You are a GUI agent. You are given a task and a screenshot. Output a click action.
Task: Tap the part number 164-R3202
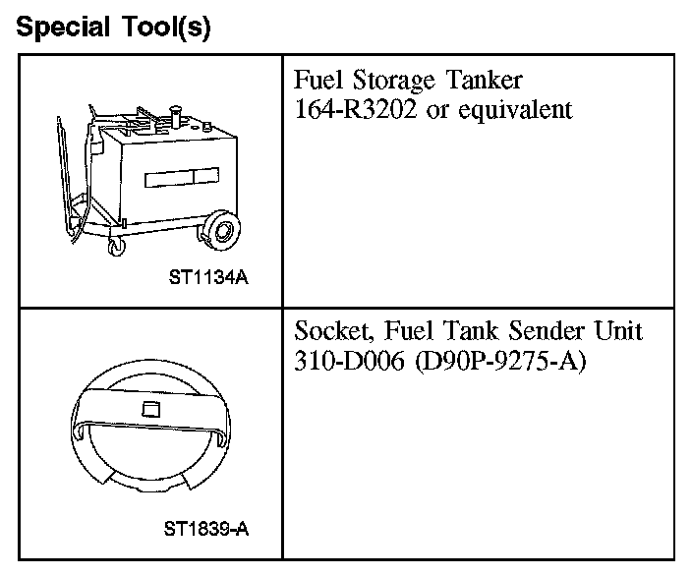click(x=357, y=108)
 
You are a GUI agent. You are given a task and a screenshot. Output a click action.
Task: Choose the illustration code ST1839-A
click(x=206, y=531)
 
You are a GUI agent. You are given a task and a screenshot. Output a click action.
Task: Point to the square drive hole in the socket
click(x=150, y=408)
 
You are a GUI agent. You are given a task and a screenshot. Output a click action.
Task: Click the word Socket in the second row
click(x=330, y=331)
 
